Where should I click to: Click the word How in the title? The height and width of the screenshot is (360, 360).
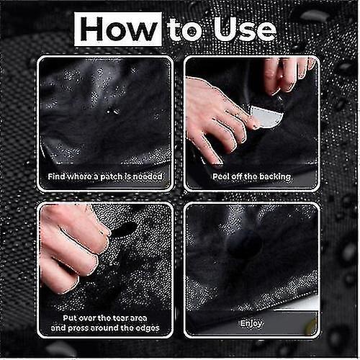[118, 30]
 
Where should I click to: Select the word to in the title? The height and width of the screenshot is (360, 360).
[184, 30]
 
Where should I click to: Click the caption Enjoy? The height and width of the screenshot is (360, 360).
[251, 324]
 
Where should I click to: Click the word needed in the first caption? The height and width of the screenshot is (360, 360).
[148, 176]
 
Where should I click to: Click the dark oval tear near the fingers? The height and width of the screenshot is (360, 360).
[125, 230]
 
